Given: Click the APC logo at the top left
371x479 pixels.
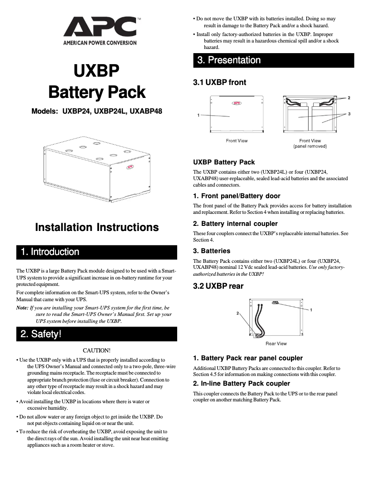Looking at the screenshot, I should [x=100, y=30].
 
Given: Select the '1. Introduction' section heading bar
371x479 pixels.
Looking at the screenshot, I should [x=97, y=252].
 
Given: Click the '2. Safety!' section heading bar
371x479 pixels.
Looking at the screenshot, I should [x=97, y=333].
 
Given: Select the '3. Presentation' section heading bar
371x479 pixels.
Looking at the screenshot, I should [x=273, y=60].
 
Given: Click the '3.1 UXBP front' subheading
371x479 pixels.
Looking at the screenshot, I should [x=219, y=82].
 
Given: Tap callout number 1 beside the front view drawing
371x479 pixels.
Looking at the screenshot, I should [x=198, y=115].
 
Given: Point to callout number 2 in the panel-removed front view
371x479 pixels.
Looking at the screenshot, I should [x=349, y=98].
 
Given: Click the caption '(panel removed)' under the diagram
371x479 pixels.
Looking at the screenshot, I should [x=310, y=146].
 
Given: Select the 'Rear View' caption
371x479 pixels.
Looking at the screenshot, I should [x=276, y=343].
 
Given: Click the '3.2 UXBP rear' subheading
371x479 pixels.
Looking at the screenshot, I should [x=218, y=286].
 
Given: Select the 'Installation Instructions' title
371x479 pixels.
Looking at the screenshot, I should [x=97, y=227].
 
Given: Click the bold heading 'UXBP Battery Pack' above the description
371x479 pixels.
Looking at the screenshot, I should [x=223, y=162].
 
